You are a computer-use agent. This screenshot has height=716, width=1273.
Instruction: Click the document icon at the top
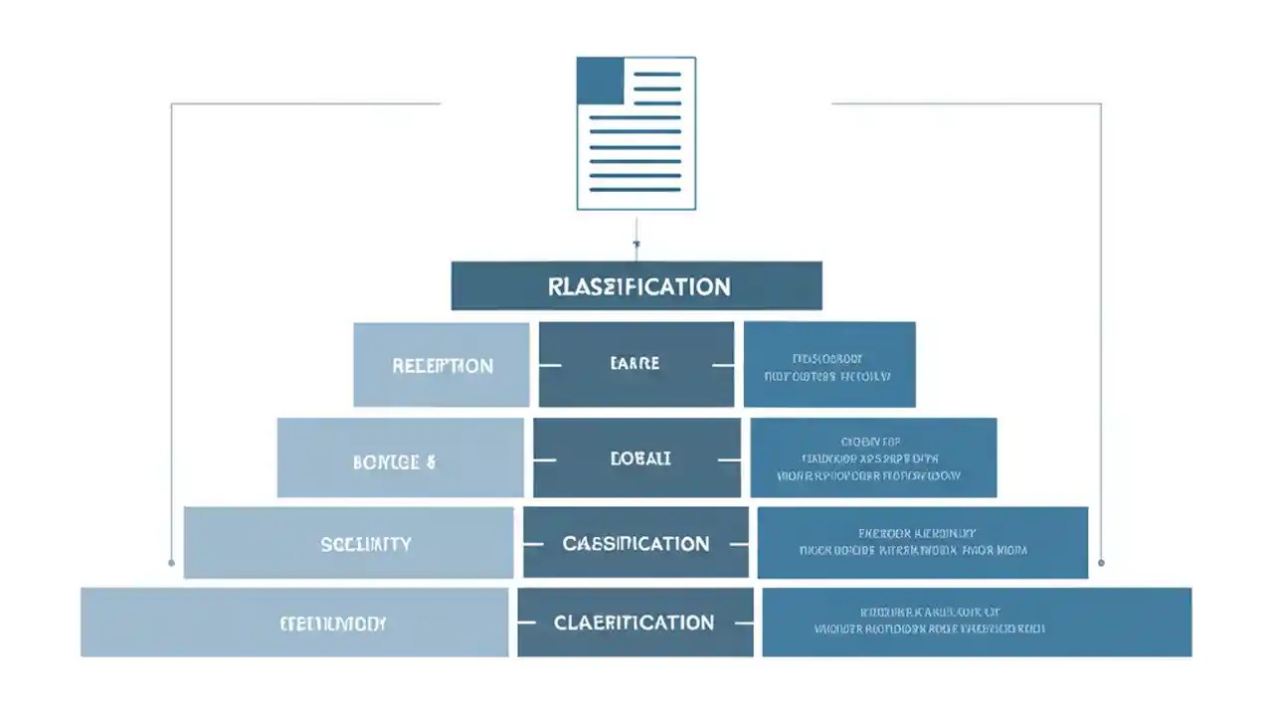tap(636, 133)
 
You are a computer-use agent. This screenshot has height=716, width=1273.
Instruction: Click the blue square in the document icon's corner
tap(601, 81)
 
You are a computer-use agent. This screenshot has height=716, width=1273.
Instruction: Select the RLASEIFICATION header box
tap(636, 286)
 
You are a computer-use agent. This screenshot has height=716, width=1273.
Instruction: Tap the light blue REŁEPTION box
tap(442, 365)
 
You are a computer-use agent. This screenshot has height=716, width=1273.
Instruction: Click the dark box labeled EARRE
tap(636, 364)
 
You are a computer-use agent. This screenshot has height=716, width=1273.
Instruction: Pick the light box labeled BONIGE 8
tap(400, 458)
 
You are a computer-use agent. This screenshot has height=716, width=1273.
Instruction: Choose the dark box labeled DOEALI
tap(636, 458)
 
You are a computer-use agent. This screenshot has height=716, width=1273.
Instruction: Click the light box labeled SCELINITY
tap(348, 543)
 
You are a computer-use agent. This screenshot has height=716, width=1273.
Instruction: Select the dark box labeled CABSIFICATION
tap(636, 543)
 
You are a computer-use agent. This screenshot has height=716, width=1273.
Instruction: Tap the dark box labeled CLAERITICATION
tap(635, 623)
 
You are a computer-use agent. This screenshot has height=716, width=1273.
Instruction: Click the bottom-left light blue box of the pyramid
tap(294, 623)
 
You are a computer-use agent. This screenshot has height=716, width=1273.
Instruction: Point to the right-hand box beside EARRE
tap(828, 365)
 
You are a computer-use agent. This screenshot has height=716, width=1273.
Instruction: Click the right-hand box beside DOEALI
tap(872, 458)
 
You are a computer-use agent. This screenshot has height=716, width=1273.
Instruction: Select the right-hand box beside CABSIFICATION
tap(922, 543)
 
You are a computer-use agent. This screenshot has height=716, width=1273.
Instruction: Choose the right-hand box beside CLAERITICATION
tap(976, 623)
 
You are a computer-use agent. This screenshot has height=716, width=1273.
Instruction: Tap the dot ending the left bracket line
tap(172, 563)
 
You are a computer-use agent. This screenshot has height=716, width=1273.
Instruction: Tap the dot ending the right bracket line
tap(1101, 563)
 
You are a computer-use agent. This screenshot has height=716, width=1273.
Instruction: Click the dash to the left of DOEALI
tap(545, 459)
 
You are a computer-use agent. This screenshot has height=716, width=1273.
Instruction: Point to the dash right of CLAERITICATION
tap(742, 624)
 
